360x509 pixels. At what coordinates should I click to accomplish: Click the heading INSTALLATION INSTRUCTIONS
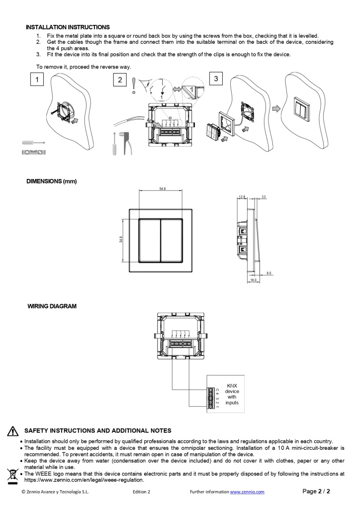pos(68,27)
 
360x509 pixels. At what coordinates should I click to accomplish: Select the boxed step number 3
pos(215,78)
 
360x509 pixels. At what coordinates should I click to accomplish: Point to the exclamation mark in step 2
pos(133,85)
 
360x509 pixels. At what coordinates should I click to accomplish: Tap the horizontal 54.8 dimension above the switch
pos(162,189)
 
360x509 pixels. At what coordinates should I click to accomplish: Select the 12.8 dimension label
pos(242,197)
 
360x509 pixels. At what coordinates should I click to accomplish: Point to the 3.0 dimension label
pos(264,197)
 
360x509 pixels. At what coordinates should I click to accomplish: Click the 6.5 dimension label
pos(269,273)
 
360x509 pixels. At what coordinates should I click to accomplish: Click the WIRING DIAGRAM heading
pos(52,306)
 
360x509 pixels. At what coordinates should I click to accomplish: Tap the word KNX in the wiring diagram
pos(232,385)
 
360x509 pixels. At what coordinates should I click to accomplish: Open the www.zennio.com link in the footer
pos(247,492)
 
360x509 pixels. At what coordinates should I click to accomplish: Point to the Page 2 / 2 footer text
pos(316,492)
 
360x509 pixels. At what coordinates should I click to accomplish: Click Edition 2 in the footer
pos(142,492)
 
